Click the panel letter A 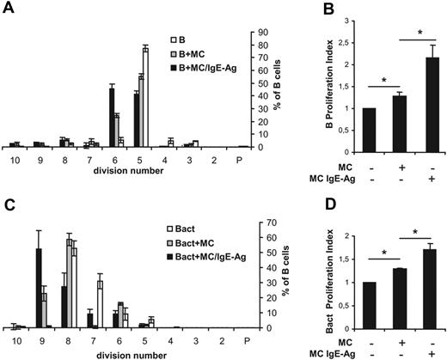coord(8,9)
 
